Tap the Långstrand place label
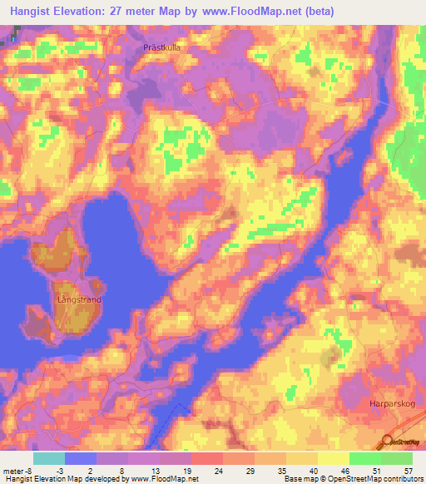tap(78, 296)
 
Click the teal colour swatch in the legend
tap(48, 458)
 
